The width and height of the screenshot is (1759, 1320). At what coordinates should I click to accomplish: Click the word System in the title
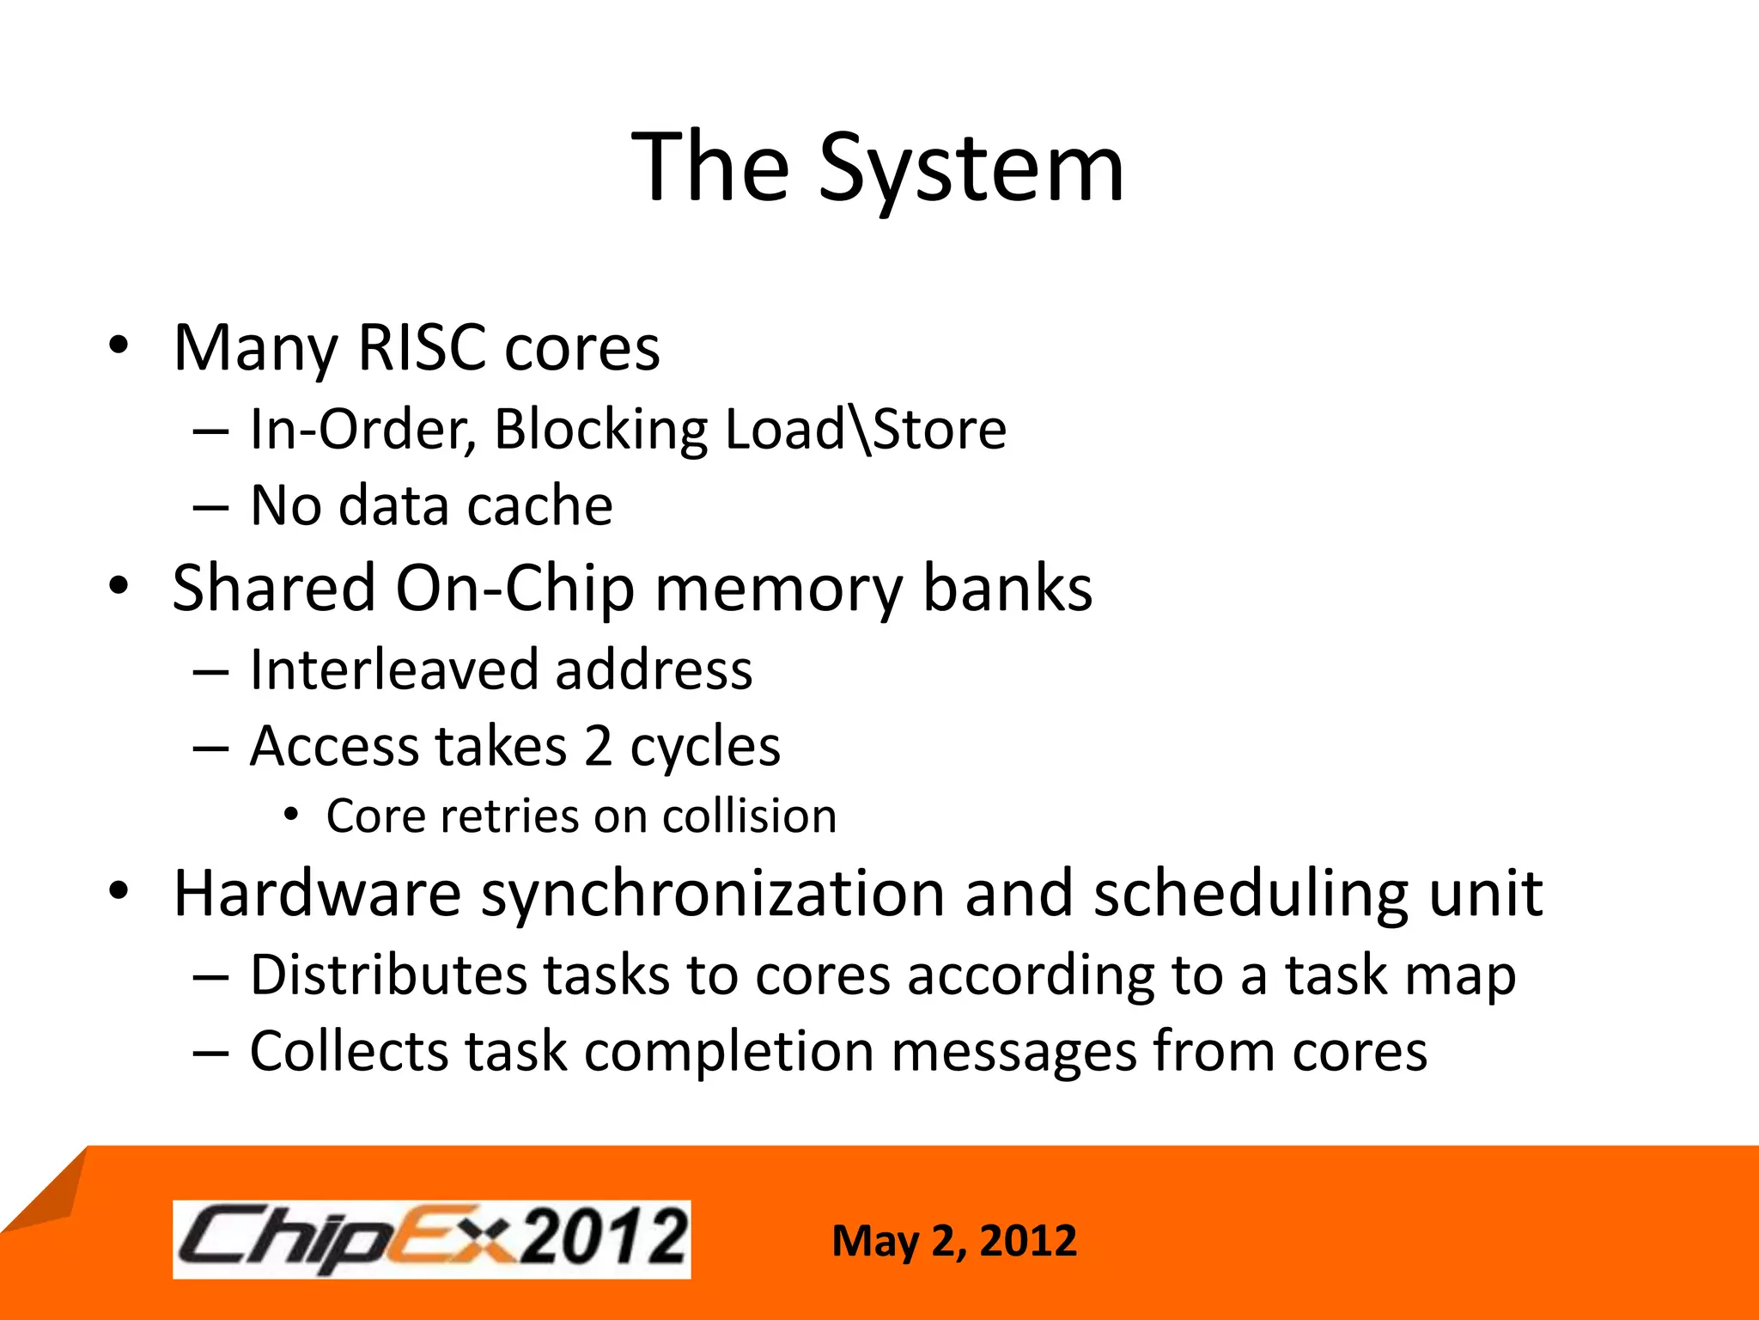click(x=971, y=168)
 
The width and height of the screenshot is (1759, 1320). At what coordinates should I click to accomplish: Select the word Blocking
click(x=600, y=429)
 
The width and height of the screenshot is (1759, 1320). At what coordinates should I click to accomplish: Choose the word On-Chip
click(x=514, y=589)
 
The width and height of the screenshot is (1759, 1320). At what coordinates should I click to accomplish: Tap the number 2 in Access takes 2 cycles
click(x=598, y=746)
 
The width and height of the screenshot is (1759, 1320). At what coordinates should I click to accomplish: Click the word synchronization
click(x=713, y=894)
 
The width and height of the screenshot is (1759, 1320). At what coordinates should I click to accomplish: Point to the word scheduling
click(x=1251, y=894)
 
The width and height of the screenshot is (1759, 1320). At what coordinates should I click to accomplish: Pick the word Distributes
click(x=388, y=975)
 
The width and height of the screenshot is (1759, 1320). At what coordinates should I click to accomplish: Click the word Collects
click(x=349, y=1051)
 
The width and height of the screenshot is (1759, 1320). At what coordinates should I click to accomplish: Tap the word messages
click(x=1013, y=1051)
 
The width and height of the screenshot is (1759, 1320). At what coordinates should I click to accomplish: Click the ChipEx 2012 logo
click(x=431, y=1239)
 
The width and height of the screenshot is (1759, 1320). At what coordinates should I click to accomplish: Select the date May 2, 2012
click(x=953, y=1241)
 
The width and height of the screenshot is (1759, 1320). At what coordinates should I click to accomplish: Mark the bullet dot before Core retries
click(x=292, y=815)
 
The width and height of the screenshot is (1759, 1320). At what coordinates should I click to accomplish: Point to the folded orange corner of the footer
click(x=52, y=1195)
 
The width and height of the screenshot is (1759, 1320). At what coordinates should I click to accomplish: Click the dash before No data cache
click(x=210, y=507)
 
